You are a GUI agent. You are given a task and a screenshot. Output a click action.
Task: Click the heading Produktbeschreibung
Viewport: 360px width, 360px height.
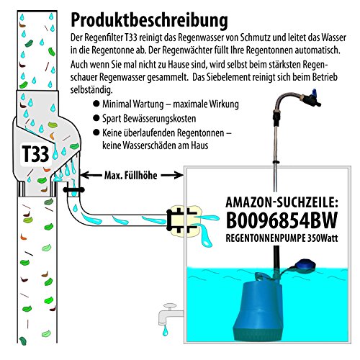(149, 21)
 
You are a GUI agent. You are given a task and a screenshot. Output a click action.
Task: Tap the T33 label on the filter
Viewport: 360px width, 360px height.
(35, 154)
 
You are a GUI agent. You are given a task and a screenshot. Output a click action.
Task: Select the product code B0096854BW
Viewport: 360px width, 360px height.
(282, 220)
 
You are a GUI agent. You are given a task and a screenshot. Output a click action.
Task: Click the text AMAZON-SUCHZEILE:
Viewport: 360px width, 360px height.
(282, 202)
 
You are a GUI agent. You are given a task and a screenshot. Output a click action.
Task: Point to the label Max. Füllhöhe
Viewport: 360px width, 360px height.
(131, 176)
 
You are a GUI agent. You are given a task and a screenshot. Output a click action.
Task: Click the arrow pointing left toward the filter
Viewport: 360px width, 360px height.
(91, 176)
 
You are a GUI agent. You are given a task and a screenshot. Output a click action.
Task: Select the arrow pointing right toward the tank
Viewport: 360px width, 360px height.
(172, 176)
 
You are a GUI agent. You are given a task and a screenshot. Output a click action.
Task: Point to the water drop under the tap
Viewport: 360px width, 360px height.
(165, 330)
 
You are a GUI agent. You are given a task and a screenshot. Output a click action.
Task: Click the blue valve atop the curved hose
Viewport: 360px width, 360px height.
(312, 98)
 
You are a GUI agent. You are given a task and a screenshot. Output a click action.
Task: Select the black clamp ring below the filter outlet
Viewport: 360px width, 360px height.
(73, 190)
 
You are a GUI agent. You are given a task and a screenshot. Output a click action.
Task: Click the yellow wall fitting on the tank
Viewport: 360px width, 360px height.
(184, 220)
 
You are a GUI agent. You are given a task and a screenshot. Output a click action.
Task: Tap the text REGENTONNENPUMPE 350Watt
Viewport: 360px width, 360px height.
(282, 238)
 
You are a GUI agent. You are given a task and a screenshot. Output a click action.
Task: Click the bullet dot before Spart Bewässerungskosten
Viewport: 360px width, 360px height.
(96, 118)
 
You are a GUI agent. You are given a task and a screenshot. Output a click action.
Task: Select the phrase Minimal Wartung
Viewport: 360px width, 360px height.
(132, 104)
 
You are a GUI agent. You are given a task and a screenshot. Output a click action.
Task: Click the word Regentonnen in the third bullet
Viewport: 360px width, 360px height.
(194, 132)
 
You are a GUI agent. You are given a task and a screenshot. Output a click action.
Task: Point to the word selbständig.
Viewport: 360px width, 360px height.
(91, 90)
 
